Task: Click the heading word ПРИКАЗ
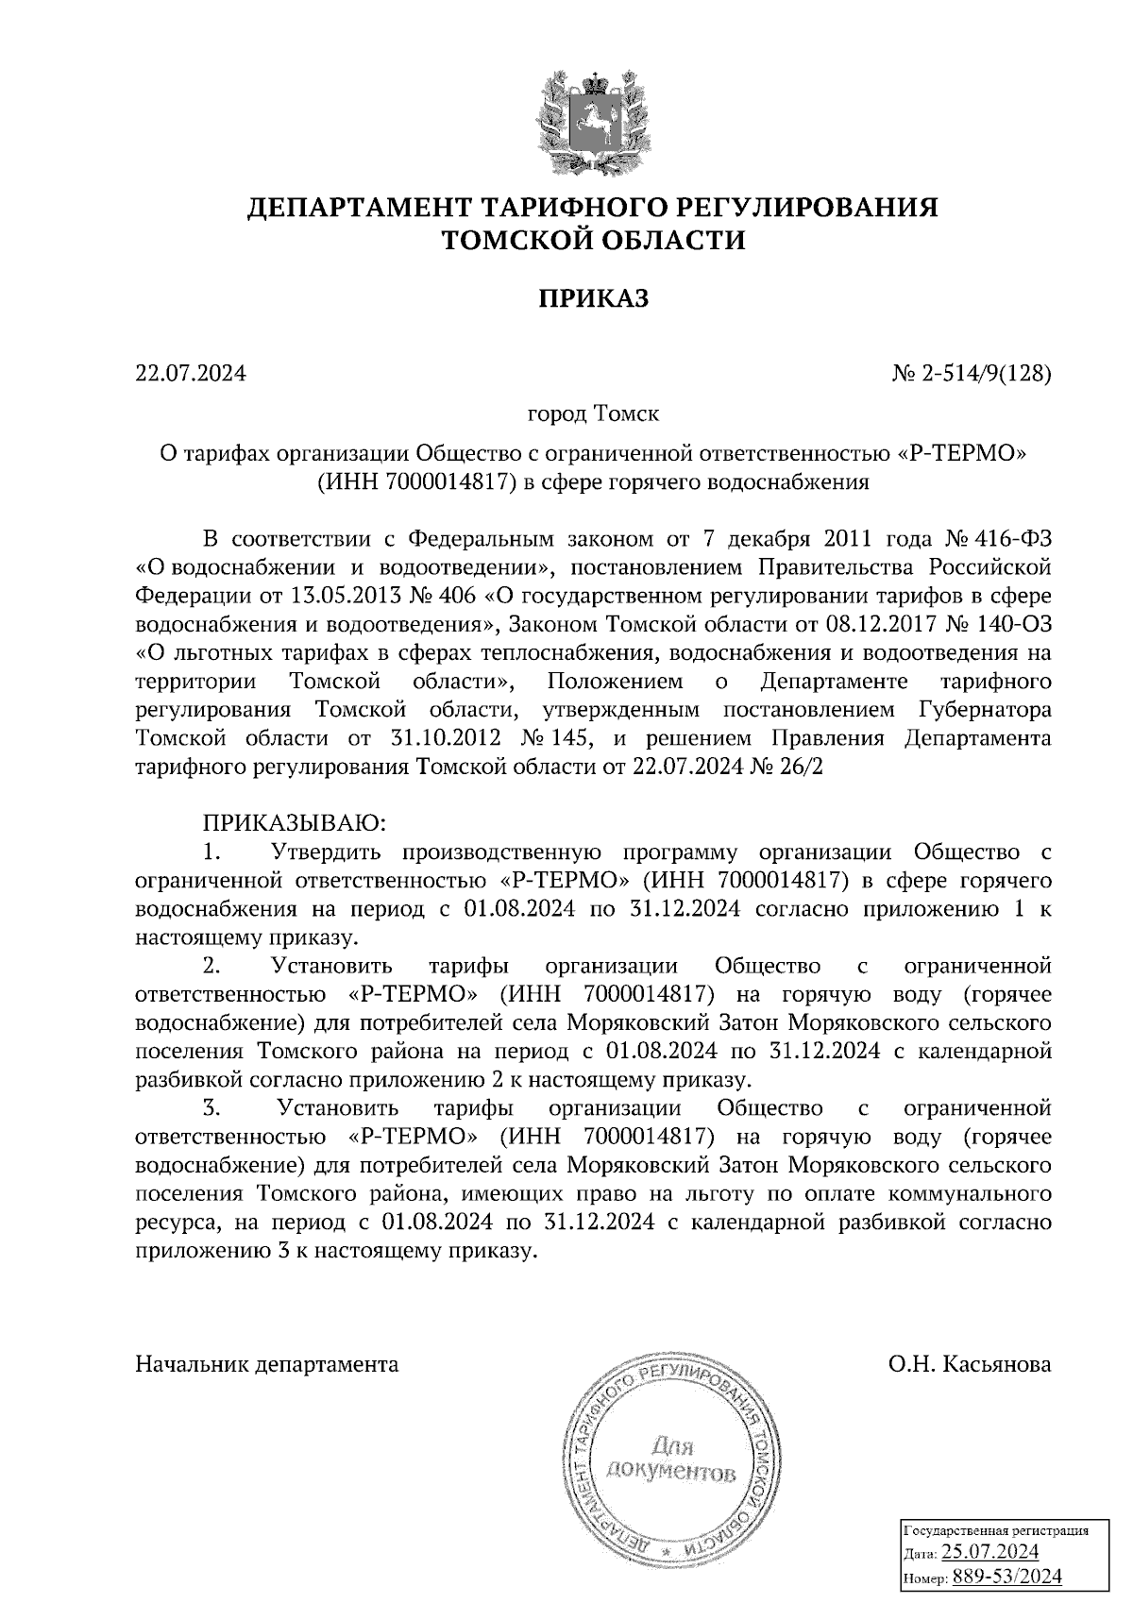pos(594,299)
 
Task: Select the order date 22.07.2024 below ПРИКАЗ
pos(191,374)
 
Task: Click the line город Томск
pos(593,413)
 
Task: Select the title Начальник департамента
pos(267,1364)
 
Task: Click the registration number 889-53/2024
pos(1006,1576)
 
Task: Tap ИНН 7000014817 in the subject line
pos(419,482)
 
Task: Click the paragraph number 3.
pos(211,1106)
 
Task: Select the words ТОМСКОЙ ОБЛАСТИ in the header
pos(594,241)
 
